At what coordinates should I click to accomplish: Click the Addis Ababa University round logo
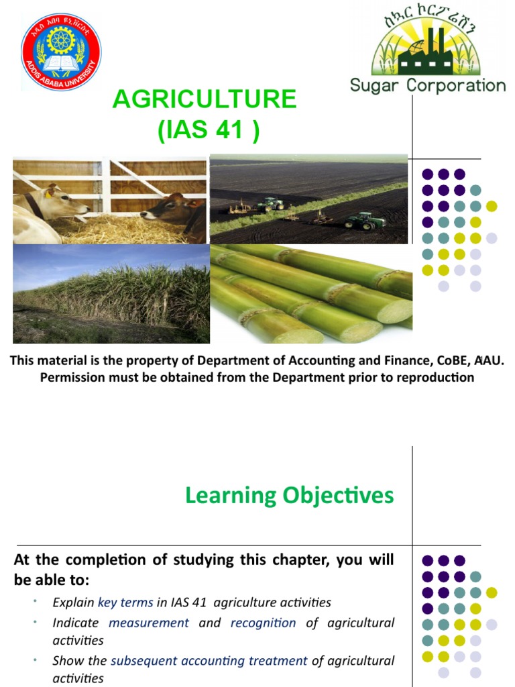coord(61,51)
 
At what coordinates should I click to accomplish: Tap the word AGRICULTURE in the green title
coord(205,99)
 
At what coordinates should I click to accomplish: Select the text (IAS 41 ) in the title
coord(208,129)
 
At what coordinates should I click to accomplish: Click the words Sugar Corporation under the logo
coord(428,85)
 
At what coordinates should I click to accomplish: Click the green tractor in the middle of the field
coord(270,203)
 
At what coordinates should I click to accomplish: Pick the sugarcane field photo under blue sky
coord(111,294)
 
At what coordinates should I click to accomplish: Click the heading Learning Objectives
coord(290,496)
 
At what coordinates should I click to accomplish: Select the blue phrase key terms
coord(125,602)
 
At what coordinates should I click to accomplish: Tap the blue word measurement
coord(149,623)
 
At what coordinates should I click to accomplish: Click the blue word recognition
coord(263,623)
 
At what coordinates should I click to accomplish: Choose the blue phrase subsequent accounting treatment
coord(209,661)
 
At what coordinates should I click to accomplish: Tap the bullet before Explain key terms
coord(34,602)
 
